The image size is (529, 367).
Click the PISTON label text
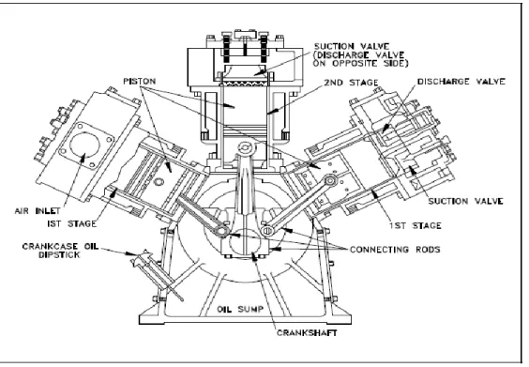click(x=140, y=82)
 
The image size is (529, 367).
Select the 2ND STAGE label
click(x=351, y=83)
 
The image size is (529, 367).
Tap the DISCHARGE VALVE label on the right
click(x=461, y=82)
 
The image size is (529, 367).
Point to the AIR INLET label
click(x=38, y=211)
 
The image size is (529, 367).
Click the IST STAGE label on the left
click(x=72, y=223)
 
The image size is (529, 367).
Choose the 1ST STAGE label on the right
click(x=416, y=225)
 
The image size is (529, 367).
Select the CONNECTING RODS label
click(x=395, y=250)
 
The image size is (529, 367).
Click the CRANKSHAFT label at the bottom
click(x=307, y=333)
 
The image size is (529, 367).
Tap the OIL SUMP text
click(x=240, y=309)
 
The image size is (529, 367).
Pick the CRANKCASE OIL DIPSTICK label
click(x=60, y=251)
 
